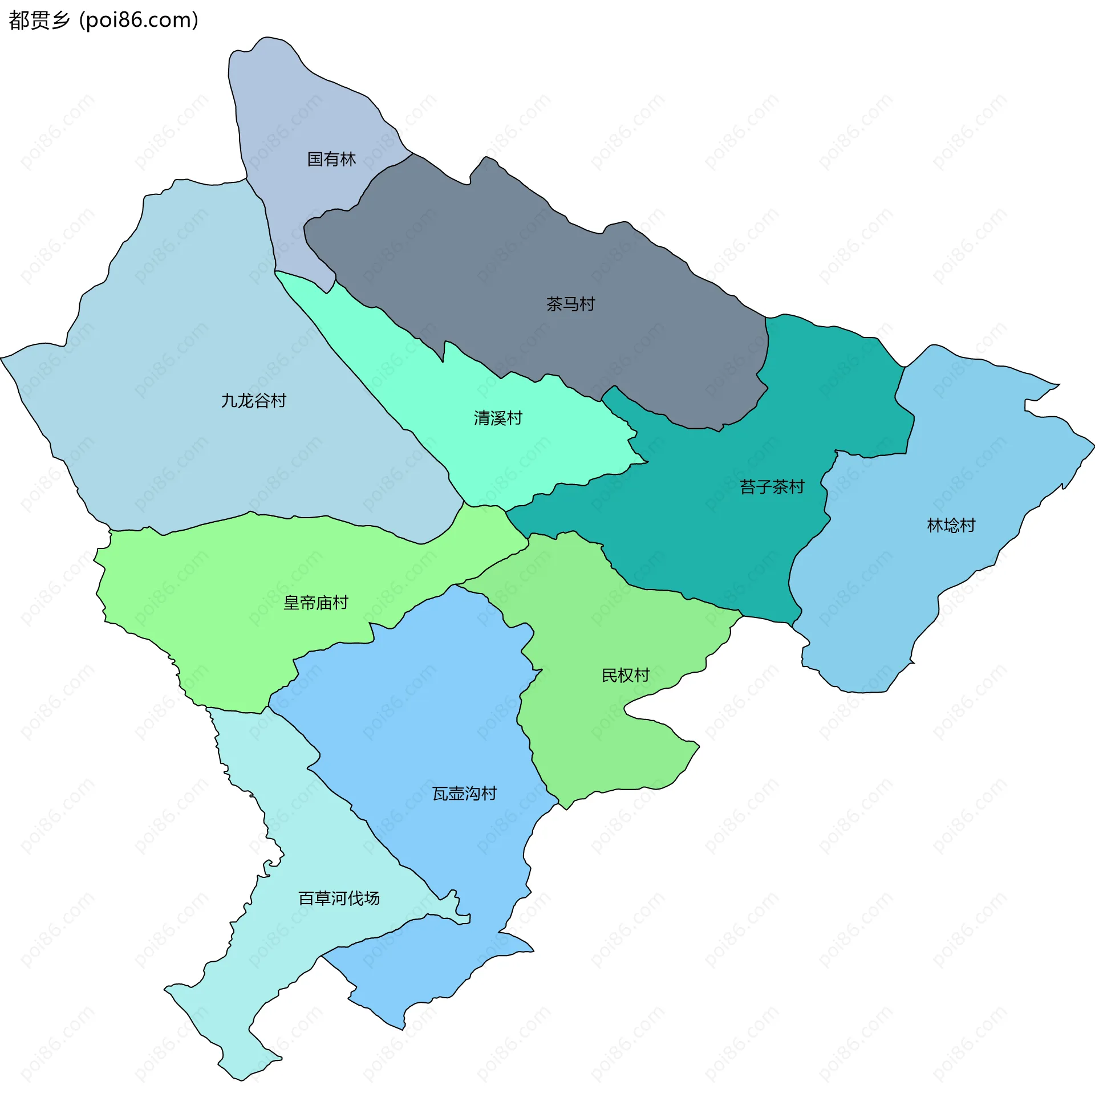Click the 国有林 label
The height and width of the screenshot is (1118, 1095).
(331, 159)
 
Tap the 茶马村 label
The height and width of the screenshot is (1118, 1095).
(570, 304)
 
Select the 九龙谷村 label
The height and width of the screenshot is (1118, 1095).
(254, 401)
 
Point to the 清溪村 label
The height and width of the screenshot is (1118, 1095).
(498, 418)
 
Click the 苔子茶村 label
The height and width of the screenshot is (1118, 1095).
(772, 487)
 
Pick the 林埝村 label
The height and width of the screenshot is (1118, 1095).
(951, 526)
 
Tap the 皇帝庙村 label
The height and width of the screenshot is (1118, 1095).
(316, 603)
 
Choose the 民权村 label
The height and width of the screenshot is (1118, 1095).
(625, 675)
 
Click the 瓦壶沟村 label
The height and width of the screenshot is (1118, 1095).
(464, 793)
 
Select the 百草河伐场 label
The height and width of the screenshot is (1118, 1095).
(339, 898)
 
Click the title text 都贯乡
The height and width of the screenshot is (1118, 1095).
(39, 20)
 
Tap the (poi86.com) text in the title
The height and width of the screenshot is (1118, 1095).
(139, 20)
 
